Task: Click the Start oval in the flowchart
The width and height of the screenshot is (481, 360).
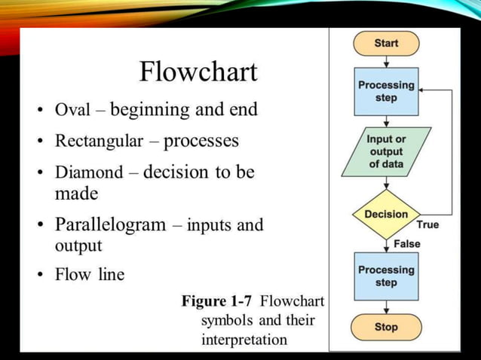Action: pyautogui.click(x=386, y=44)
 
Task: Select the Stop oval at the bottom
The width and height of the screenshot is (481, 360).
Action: pyautogui.click(x=386, y=328)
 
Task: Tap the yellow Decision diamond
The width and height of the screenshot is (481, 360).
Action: pyautogui.click(x=386, y=215)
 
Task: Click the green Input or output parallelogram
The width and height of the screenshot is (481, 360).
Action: pyautogui.click(x=386, y=151)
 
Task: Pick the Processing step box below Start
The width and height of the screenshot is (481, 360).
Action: pyautogui.click(x=386, y=91)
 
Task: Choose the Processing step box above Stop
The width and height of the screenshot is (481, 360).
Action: pyautogui.click(x=386, y=276)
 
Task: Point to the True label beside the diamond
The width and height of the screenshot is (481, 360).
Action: pyautogui.click(x=427, y=224)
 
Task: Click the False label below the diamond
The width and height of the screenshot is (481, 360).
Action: pyautogui.click(x=406, y=244)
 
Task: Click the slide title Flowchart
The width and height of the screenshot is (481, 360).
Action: pyautogui.click(x=198, y=72)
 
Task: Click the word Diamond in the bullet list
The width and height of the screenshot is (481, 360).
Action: pyautogui.click(x=88, y=172)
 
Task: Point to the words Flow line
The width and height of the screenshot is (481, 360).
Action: pyautogui.click(x=89, y=275)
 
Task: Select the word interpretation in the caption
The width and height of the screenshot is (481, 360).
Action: pyautogui.click(x=244, y=340)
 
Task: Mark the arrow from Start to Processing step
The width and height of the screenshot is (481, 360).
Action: pyautogui.click(x=386, y=62)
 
